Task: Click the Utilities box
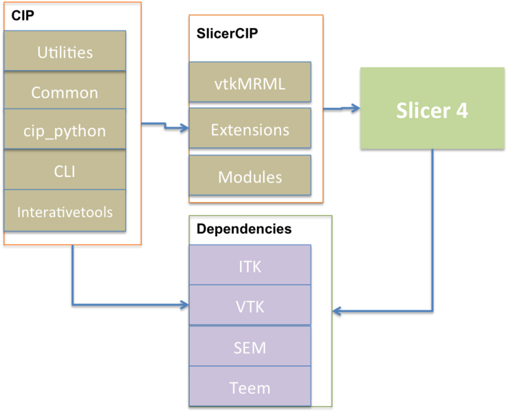click(x=65, y=51)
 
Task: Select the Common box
click(x=65, y=92)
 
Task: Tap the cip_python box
click(x=65, y=130)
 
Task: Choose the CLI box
click(x=65, y=170)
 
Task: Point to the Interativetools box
click(x=65, y=211)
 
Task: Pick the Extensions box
click(x=250, y=129)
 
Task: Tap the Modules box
click(x=250, y=176)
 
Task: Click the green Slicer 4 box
click(x=432, y=108)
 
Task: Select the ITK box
click(x=250, y=266)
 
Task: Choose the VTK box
click(x=250, y=306)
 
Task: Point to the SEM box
click(x=250, y=347)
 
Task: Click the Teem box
click(x=250, y=387)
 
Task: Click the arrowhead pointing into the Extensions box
click(x=184, y=128)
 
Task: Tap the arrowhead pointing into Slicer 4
click(x=355, y=108)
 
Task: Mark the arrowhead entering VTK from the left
click(x=184, y=304)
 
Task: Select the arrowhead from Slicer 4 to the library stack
click(x=337, y=311)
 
